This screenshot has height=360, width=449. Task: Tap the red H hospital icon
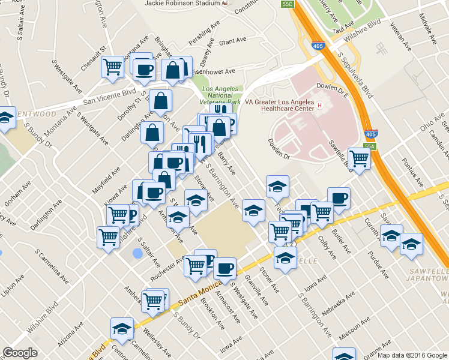(320, 106)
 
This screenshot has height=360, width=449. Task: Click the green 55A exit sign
(369, 146)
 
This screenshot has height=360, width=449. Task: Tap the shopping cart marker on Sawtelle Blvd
(359, 159)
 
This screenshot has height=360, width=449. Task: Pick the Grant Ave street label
(233, 41)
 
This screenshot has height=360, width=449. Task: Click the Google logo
(20, 353)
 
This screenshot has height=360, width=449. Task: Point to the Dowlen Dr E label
(335, 92)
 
